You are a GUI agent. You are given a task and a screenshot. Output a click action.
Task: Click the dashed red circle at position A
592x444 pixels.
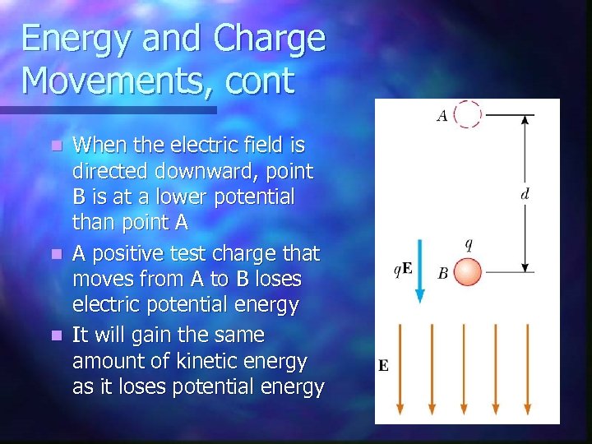468,114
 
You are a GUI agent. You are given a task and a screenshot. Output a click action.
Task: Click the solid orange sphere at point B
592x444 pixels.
468,272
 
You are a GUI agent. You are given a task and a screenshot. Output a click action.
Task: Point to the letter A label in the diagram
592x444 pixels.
442,117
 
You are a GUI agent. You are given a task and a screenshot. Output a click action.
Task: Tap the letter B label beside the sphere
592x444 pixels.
442,274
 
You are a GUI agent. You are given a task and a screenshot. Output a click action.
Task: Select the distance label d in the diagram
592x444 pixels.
525,195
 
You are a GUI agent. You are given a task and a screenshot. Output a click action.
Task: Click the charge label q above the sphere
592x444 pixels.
468,244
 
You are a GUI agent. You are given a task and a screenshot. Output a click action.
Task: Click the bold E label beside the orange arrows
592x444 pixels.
383,366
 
